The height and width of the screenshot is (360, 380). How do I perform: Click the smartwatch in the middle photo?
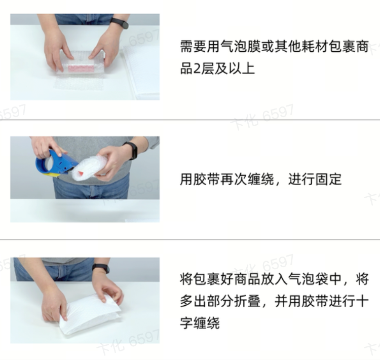pos(130,150)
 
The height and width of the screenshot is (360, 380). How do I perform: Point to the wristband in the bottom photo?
pos(101,268)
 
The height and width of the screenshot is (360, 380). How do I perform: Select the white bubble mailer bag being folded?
pos(90,313)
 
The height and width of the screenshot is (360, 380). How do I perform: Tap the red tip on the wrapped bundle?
pos(80,173)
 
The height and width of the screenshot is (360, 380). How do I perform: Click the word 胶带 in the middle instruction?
pos(207,179)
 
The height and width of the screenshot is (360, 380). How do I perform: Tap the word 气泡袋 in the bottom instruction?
pos(308,279)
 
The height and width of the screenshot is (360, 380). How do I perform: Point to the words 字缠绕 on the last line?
pos(200,323)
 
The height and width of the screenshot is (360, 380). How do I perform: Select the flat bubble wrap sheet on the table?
pos(78,83)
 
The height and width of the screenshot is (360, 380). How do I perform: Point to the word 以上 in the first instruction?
pos(241,69)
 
